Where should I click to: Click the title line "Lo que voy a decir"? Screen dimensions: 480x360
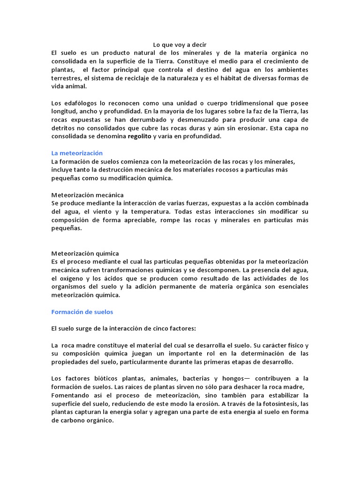click(x=180, y=45)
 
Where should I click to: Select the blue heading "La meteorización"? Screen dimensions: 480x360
click(x=76, y=153)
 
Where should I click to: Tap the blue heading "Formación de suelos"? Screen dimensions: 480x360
click(x=82, y=312)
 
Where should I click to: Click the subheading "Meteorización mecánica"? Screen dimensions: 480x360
click(x=87, y=195)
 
